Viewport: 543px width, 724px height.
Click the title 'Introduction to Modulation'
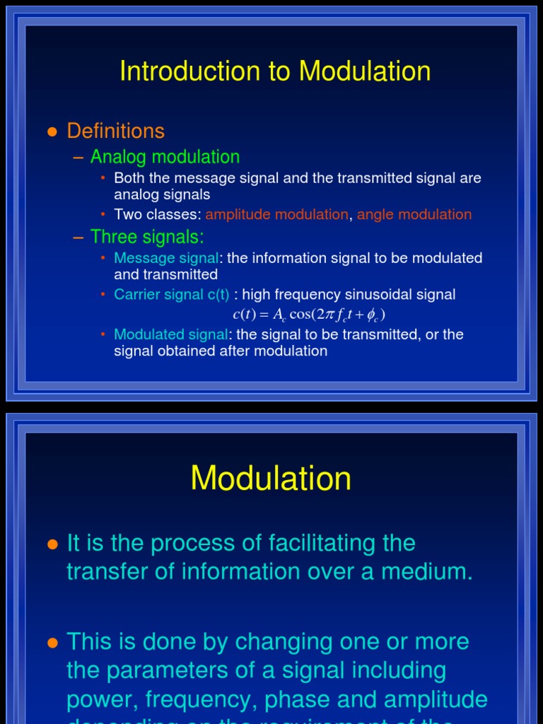tap(275, 71)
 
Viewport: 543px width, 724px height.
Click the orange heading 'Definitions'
tap(115, 131)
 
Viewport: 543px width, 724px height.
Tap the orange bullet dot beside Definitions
tap(51, 132)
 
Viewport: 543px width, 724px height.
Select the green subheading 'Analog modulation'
tap(165, 157)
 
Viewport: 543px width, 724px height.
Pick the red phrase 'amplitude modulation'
tap(276, 214)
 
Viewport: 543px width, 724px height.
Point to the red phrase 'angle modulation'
tap(414, 214)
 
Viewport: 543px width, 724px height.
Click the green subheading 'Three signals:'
tap(147, 237)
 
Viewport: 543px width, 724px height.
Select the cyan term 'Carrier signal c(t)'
tap(172, 294)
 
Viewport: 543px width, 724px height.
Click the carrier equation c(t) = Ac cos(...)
tap(310, 315)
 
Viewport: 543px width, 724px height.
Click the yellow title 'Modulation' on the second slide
tap(271, 479)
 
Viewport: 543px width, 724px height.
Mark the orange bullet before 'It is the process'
tap(51, 544)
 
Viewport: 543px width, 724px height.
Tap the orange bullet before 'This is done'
tap(51, 643)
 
